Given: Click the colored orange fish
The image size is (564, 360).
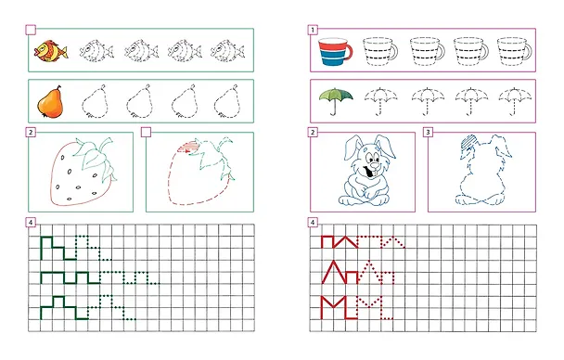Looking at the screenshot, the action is click(x=50, y=51).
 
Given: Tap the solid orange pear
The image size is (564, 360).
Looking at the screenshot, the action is click(x=50, y=102).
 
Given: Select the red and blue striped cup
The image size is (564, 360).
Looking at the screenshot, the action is click(x=335, y=53).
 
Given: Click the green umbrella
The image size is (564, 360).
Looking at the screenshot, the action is click(x=336, y=100).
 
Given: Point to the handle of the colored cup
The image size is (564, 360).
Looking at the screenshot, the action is click(x=350, y=51).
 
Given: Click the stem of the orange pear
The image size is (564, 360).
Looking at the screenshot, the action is click(x=59, y=88).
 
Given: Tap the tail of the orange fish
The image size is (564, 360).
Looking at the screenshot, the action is click(x=64, y=52).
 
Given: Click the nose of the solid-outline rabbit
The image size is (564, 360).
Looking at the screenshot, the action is click(x=374, y=165).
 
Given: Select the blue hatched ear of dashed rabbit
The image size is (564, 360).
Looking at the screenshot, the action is click(x=468, y=142).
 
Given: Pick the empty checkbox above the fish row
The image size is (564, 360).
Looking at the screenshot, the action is click(x=31, y=30).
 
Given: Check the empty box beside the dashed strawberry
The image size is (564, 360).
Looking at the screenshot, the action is click(x=146, y=133).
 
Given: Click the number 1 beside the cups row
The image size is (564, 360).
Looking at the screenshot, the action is click(x=313, y=30).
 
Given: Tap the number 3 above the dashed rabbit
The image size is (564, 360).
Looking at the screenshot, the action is click(x=428, y=133).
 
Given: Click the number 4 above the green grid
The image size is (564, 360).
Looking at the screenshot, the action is click(x=31, y=223).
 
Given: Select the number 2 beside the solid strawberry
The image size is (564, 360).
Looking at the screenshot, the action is click(x=31, y=133).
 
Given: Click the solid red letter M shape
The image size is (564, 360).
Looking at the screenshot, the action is click(x=334, y=307).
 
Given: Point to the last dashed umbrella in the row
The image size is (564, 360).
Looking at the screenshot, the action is click(x=515, y=101).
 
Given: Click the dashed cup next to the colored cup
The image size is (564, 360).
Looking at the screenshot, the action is click(x=380, y=52).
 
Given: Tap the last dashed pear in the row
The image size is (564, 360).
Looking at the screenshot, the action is click(x=227, y=102).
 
